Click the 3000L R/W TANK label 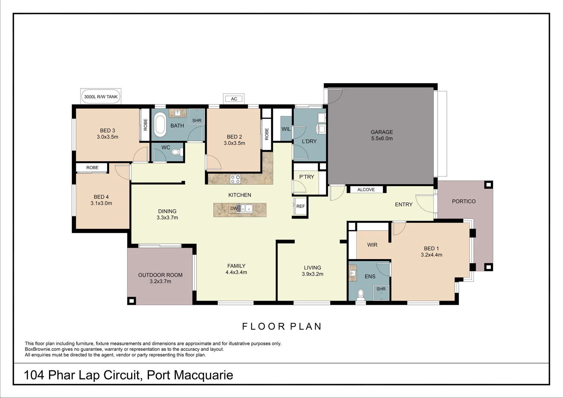(x=101, y=97)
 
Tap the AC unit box (x=234, y=99)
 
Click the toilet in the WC (x=178, y=152)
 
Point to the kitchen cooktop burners (x=235, y=179)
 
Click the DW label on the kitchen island (x=234, y=208)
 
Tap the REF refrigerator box (x=301, y=206)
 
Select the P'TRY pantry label (x=307, y=177)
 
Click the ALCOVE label (x=366, y=190)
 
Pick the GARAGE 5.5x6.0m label (x=382, y=135)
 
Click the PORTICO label (x=464, y=201)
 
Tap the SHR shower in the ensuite (x=381, y=291)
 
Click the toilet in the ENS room (x=360, y=294)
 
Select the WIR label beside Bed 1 (x=372, y=245)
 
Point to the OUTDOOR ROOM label (x=160, y=275)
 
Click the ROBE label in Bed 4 (x=92, y=168)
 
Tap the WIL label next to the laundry (x=286, y=129)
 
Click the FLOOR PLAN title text (x=282, y=327)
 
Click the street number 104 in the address (x=34, y=375)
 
